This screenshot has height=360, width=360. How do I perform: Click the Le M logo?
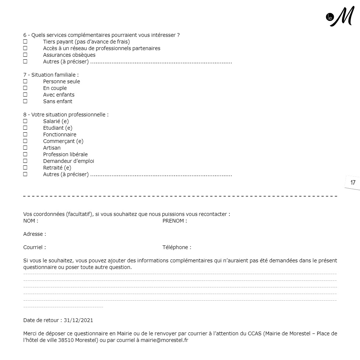pyautogui.click(x=340, y=17)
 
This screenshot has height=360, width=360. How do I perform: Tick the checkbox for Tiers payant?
pyautogui.click(x=25, y=42)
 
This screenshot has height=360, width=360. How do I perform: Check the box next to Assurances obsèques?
pyautogui.click(x=25, y=55)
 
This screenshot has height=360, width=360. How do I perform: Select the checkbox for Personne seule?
pyautogui.click(x=25, y=81)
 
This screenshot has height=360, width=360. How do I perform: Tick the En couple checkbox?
pyautogui.click(x=25, y=88)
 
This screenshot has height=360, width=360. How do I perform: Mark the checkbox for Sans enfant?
pyautogui.click(x=25, y=101)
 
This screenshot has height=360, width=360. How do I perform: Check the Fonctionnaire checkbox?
pyautogui.click(x=25, y=134)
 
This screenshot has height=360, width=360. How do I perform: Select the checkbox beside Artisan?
pyautogui.click(x=25, y=148)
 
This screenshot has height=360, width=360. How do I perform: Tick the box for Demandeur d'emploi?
pyautogui.click(x=25, y=161)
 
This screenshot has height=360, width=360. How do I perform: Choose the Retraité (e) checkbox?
pyautogui.click(x=25, y=168)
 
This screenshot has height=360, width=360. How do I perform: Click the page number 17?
pyautogui.click(x=353, y=182)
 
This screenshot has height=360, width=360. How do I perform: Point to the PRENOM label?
pyautogui.click(x=174, y=221)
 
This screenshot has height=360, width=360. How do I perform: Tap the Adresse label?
pyautogui.click(x=34, y=234)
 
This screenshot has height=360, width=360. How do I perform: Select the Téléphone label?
pyautogui.click(x=176, y=248)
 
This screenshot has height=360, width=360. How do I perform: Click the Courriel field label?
pyautogui.click(x=34, y=248)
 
